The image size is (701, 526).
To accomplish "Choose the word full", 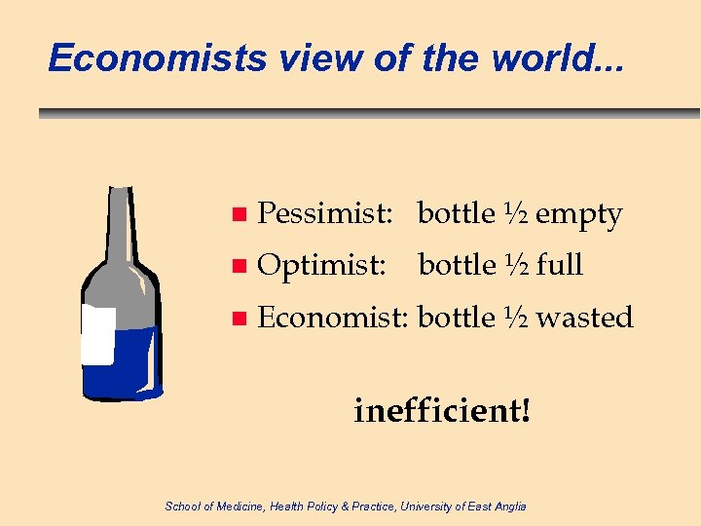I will (x=559, y=265).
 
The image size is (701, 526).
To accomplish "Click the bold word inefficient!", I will (x=443, y=411).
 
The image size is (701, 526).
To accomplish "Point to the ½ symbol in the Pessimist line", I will (x=515, y=213).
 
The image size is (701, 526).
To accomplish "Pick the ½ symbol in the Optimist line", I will (x=515, y=264).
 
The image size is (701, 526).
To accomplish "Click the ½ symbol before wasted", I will (x=515, y=317).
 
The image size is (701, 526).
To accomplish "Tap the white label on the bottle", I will (x=98, y=335).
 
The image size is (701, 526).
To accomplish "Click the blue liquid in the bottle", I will (x=131, y=365).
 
